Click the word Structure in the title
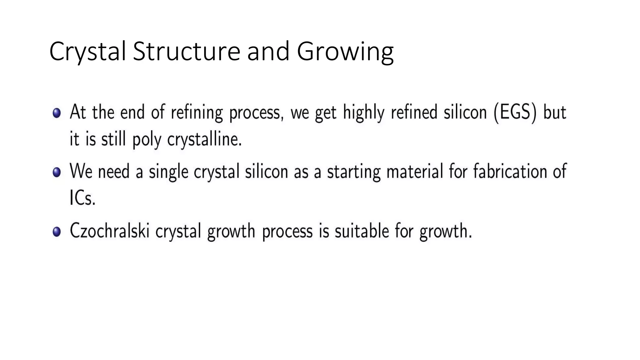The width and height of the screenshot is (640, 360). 187,51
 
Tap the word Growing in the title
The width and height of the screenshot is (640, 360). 345,52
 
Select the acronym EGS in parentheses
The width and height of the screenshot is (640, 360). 515,112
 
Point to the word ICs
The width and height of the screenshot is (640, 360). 82,198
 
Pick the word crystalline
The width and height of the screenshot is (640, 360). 205,139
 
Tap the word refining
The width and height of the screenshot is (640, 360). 197,112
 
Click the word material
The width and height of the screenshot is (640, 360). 415,172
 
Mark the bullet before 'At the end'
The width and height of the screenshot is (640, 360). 57,113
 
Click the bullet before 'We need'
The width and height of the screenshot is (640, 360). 57,172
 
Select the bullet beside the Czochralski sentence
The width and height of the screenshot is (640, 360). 57,232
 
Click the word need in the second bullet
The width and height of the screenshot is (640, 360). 114,172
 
